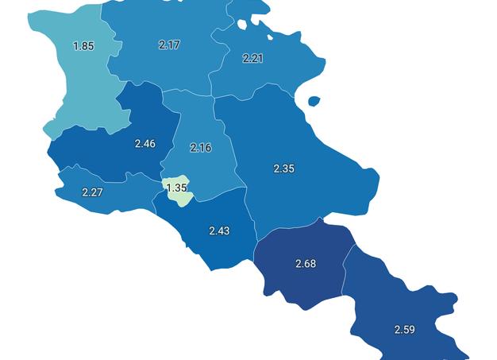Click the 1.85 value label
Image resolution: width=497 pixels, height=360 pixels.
83,46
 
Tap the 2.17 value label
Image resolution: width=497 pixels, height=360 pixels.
169,45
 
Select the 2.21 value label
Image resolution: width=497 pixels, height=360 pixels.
253,58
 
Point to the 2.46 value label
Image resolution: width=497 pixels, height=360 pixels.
145,144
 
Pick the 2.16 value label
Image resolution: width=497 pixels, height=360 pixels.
202,148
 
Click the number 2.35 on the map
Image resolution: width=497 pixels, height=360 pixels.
284,168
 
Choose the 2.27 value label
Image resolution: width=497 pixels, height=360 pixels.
92,192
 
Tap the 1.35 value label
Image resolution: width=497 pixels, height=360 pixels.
176,188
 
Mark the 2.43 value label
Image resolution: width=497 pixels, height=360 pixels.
219,230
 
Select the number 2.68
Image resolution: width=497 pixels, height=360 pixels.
306,264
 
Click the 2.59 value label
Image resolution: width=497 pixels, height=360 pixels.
405,329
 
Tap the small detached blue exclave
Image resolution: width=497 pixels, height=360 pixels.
314,102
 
